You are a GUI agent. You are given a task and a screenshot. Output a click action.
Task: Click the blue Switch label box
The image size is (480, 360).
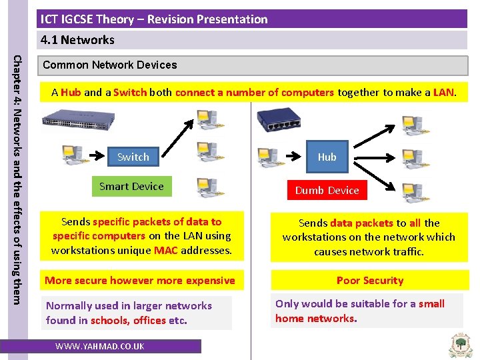(133, 157)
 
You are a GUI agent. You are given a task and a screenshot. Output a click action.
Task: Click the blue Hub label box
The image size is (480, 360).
(327, 157)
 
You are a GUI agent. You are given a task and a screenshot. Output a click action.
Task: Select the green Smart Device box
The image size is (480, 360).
(131, 187)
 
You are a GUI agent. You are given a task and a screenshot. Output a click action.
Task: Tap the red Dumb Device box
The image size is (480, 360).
(327, 191)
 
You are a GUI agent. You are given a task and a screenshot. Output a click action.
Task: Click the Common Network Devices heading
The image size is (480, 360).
(110, 65)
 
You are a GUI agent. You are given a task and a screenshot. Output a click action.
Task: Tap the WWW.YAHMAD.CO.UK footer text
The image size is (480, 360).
(100, 347)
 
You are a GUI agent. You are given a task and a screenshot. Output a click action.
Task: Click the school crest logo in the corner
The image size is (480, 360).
(460, 343)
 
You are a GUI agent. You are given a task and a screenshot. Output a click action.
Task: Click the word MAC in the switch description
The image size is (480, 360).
(165, 251)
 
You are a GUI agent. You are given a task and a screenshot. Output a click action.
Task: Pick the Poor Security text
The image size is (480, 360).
(370, 281)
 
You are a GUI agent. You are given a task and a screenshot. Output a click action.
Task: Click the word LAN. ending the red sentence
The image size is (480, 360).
(444, 93)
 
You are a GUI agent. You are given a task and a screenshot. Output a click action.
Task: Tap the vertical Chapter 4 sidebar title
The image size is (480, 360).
(18, 170)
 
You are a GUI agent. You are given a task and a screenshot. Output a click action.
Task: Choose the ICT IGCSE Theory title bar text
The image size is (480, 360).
(153, 19)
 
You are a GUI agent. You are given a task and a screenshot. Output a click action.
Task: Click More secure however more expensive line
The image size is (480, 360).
(139, 281)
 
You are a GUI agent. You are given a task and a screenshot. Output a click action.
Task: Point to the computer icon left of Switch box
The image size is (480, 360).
(72, 155)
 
